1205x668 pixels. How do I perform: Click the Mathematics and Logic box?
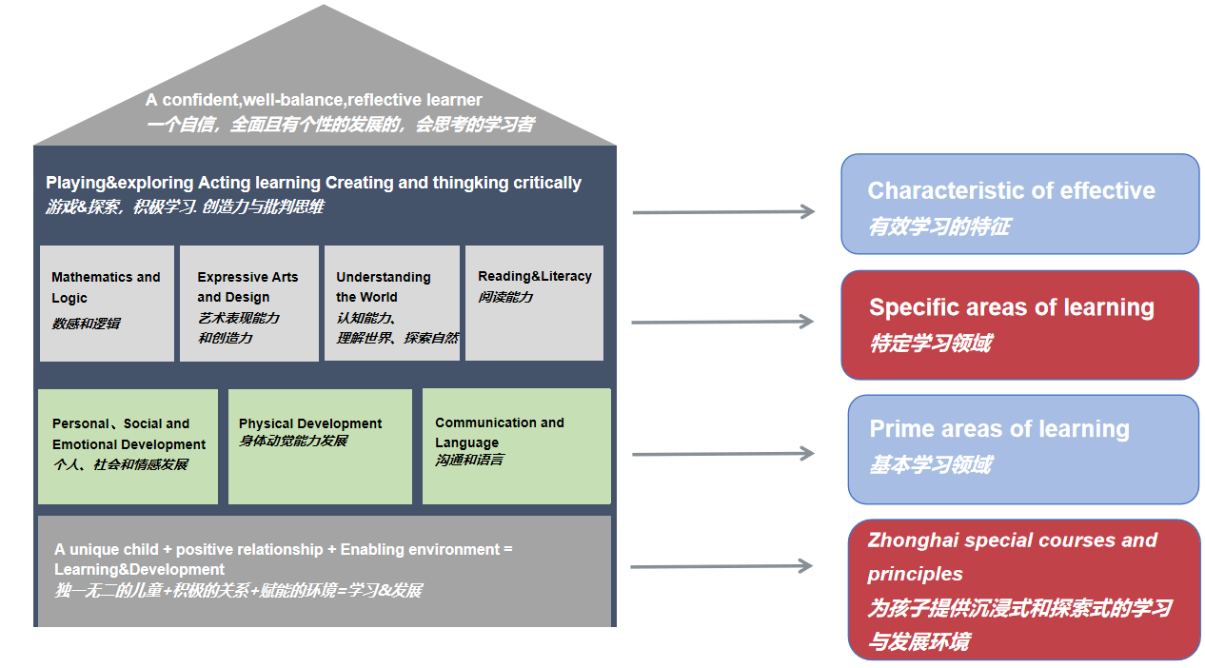[x=107, y=304]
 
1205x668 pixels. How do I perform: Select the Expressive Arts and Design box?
[x=248, y=304]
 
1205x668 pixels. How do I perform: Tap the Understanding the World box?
[x=391, y=304]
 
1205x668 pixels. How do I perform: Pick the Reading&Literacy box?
[x=534, y=304]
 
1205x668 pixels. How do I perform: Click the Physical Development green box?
[x=320, y=446]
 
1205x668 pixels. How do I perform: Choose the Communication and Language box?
[x=516, y=446]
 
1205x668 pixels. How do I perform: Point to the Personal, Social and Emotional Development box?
[x=128, y=446]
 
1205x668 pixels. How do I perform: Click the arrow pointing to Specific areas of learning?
[x=722, y=322]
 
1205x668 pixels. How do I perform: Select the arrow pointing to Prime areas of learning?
[x=722, y=454]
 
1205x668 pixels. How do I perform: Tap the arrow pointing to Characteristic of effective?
[x=722, y=211]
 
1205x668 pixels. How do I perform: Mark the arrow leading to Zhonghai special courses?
[x=721, y=566]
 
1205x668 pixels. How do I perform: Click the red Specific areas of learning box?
[x=1019, y=324]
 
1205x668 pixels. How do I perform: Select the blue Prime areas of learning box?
[x=1023, y=449]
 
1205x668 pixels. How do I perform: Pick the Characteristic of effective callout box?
[x=1019, y=204]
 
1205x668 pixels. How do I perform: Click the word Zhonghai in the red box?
[x=912, y=540]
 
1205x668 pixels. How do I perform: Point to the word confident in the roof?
[x=198, y=100]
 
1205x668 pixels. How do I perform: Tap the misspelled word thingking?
[x=472, y=183]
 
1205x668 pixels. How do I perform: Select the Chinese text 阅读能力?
[x=505, y=297]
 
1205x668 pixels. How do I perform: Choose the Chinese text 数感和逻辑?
[x=86, y=324]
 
